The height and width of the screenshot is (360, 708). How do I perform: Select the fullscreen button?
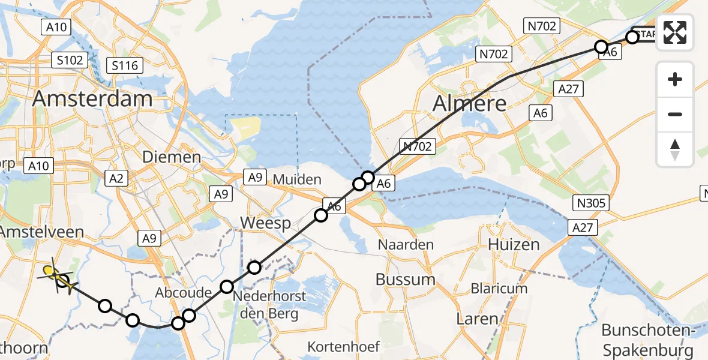pos(675,33)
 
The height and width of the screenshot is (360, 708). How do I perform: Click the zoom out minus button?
pos(675,114)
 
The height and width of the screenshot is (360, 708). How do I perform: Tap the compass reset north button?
pos(675,149)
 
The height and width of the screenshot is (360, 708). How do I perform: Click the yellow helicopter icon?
pos(59,277)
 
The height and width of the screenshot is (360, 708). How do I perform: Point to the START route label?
pos(645,35)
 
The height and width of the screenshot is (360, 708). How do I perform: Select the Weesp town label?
pos(265,223)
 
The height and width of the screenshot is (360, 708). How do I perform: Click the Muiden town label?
pos(298,179)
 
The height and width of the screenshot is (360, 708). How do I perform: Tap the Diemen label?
pos(171,157)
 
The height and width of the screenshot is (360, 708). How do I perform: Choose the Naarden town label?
pos(406,244)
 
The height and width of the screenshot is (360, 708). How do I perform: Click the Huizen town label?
pos(505,244)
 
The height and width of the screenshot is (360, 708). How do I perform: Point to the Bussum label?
pos(406,279)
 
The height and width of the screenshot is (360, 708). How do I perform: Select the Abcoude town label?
pos(183,293)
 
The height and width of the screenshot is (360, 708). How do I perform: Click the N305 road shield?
pos(592,203)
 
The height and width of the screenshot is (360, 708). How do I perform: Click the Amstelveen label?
pos(42,232)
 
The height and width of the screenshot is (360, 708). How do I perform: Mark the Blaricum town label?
pos(499,288)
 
